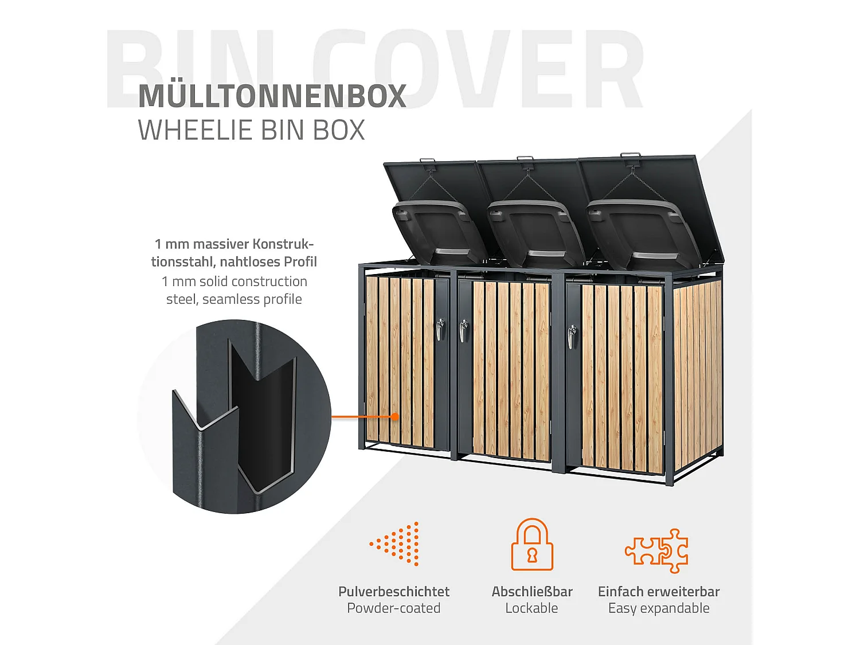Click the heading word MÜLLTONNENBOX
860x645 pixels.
point(272,96)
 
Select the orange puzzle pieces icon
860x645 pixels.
point(657,550)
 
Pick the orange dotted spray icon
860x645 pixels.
point(397,544)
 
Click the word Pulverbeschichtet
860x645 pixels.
point(393,592)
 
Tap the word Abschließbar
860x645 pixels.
point(531,592)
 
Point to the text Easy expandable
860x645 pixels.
point(659,608)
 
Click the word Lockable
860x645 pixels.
point(531,608)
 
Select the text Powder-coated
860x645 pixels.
point(393,608)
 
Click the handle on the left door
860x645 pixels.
point(440,330)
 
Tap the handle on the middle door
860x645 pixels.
point(463,331)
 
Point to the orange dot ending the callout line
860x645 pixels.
point(394,417)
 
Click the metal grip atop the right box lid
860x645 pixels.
point(631,155)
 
